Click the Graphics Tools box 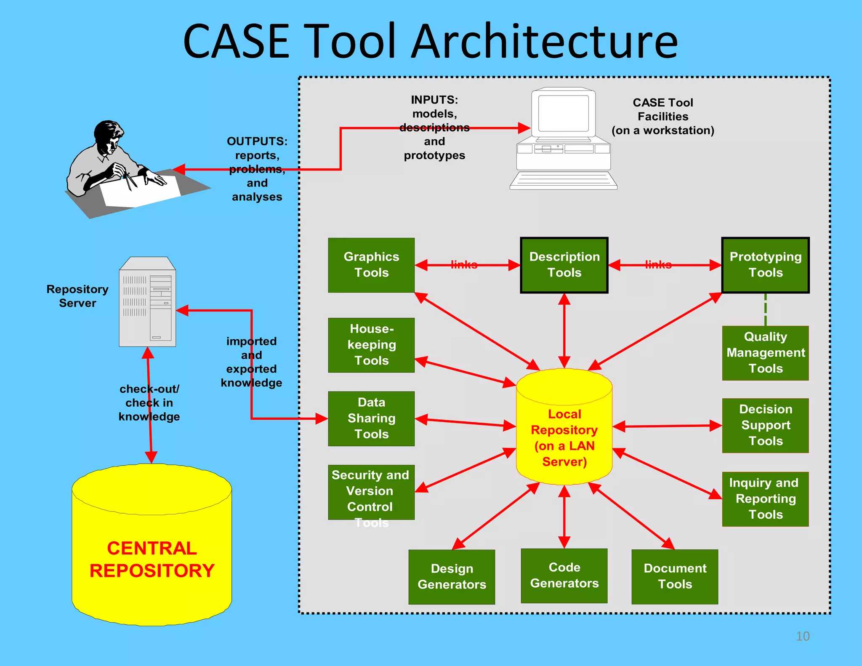pyautogui.click(x=371, y=265)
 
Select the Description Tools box pyautogui.click(x=564, y=265)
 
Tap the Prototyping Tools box pyautogui.click(x=765, y=265)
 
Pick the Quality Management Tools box pyautogui.click(x=765, y=353)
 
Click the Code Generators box pyautogui.click(x=564, y=575)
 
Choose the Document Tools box pyautogui.click(x=675, y=576)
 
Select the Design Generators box pyautogui.click(x=452, y=577)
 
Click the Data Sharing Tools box pyautogui.click(x=371, y=418)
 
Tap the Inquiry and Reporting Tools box pyautogui.click(x=765, y=499)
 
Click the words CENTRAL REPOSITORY pyautogui.click(x=152, y=560)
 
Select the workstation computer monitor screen pyautogui.click(x=563, y=113)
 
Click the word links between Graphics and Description pyautogui.click(x=464, y=265)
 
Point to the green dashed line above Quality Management pyautogui.click(x=765, y=309)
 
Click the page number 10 pyautogui.click(x=803, y=636)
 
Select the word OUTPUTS pyautogui.click(x=257, y=141)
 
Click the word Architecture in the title pyautogui.click(x=544, y=41)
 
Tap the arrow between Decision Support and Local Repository pyautogui.click(x=667, y=426)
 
